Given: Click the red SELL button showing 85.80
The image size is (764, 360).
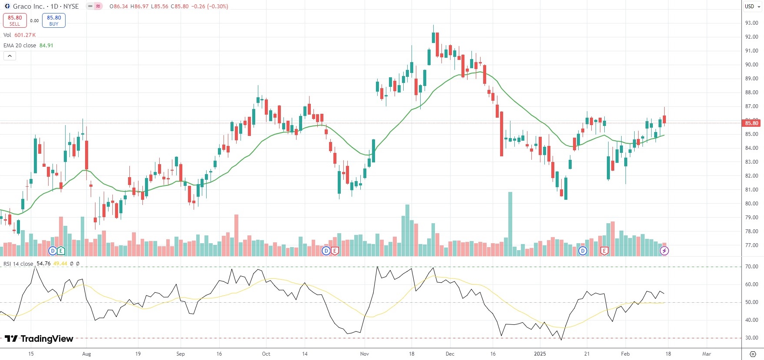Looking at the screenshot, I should click(x=15, y=20).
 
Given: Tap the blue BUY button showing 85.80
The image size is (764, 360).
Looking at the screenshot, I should click(x=54, y=20).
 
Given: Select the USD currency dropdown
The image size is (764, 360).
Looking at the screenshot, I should click(x=752, y=7).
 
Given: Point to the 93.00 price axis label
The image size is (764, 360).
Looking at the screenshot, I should click(x=751, y=23).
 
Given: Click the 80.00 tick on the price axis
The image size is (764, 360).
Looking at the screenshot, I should click(x=751, y=204).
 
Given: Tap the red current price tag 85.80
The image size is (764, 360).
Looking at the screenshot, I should click(x=751, y=123).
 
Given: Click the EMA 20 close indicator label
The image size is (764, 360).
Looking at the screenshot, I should click(x=20, y=46).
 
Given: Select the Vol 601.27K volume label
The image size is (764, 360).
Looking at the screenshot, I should click(x=20, y=35).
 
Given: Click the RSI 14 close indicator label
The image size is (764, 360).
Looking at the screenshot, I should click(x=18, y=264).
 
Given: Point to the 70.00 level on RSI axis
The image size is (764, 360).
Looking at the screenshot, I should click(x=751, y=267).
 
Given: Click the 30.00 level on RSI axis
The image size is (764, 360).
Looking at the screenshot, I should click(x=751, y=338).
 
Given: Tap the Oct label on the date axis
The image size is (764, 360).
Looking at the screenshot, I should click(x=266, y=354).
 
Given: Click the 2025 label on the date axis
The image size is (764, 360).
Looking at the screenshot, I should click(x=540, y=354).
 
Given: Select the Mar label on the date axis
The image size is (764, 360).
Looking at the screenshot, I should click(x=707, y=354).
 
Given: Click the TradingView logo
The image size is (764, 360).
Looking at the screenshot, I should click(x=39, y=339).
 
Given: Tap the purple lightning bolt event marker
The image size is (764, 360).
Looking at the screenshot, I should click(x=664, y=251).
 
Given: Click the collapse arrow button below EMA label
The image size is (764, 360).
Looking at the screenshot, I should click(x=10, y=56).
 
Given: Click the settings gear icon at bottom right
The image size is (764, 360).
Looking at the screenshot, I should click(x=753, y=354).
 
